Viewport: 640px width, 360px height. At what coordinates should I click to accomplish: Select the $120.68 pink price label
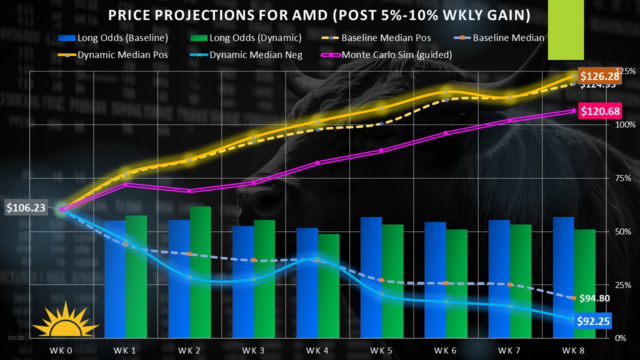click(x=599, y=111)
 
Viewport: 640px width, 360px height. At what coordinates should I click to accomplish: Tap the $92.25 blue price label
click(x=593, y=321)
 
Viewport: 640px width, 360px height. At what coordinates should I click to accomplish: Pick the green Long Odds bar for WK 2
click(x=200, y=272)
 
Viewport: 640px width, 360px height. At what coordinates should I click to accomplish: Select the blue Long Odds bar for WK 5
click(x=371, y=277)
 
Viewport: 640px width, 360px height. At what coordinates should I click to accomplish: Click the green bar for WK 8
click(x=584, y=283)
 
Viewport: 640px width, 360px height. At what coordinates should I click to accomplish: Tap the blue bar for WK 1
click(x=115, y=279)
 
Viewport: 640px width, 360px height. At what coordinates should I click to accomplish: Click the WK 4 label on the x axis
click(x=318, y=350)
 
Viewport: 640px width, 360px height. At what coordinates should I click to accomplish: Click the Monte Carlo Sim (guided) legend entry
click(x=396, y=55)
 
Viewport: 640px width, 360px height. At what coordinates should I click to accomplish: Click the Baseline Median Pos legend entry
click(x=385, y=38)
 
